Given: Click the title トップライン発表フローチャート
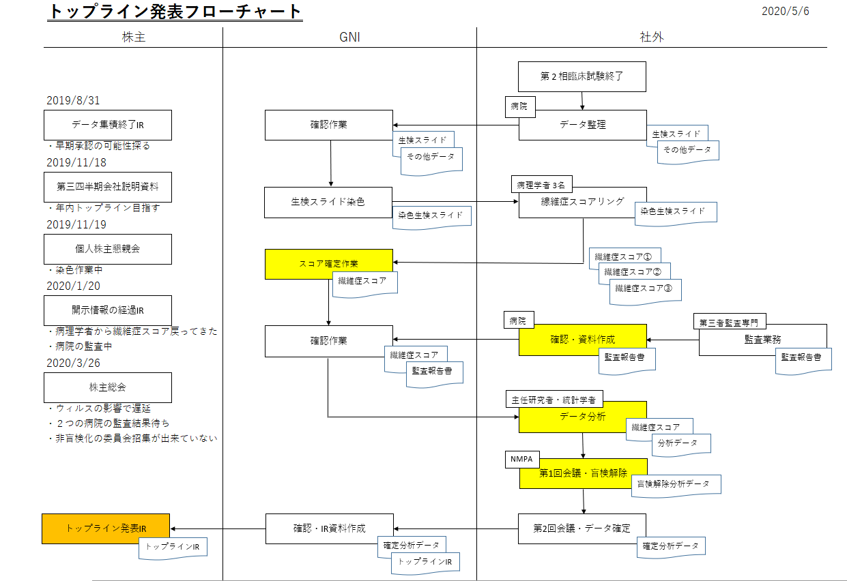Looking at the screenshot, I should [175, 12].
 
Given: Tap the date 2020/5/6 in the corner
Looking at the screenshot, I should [785, 11].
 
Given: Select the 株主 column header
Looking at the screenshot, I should [133, 38].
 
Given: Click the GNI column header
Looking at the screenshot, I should [349, 38].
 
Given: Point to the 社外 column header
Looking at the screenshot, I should [652, 38].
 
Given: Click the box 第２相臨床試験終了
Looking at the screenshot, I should [582, 76].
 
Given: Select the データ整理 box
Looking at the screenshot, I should [582, 125].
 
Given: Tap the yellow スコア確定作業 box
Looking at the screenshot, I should [328, 264].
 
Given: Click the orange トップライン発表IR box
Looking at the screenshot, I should [106, 528].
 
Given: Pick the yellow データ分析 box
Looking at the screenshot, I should [582, 417].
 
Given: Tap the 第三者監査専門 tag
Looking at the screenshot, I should [728, 321].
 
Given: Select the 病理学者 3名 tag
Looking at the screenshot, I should [542, 185].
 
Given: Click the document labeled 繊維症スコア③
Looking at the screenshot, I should [644, 288].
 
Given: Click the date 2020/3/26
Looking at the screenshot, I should [73, 363].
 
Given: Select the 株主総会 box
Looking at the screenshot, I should [107, 387].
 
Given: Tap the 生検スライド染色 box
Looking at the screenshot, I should [328, 202].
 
